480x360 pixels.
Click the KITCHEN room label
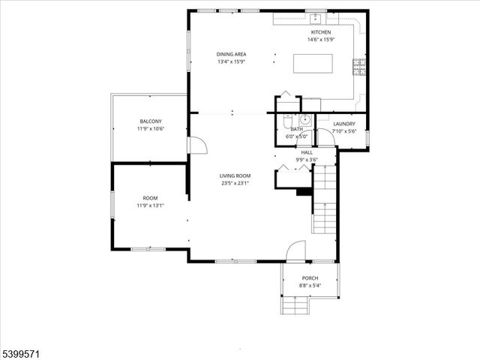320,33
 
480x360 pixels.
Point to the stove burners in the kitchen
358,67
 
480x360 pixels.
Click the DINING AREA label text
231,54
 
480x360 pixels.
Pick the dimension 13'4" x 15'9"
231,61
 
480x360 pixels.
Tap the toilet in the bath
287,120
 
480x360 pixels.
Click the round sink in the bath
305,120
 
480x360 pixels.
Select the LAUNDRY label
344,124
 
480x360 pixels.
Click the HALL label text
307,152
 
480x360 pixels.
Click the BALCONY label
150,121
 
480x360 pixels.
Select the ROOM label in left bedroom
150,198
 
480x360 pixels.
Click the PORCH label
310,278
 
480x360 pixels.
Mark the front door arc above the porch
297,250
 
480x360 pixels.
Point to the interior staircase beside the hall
325,202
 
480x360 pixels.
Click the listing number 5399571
22,349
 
